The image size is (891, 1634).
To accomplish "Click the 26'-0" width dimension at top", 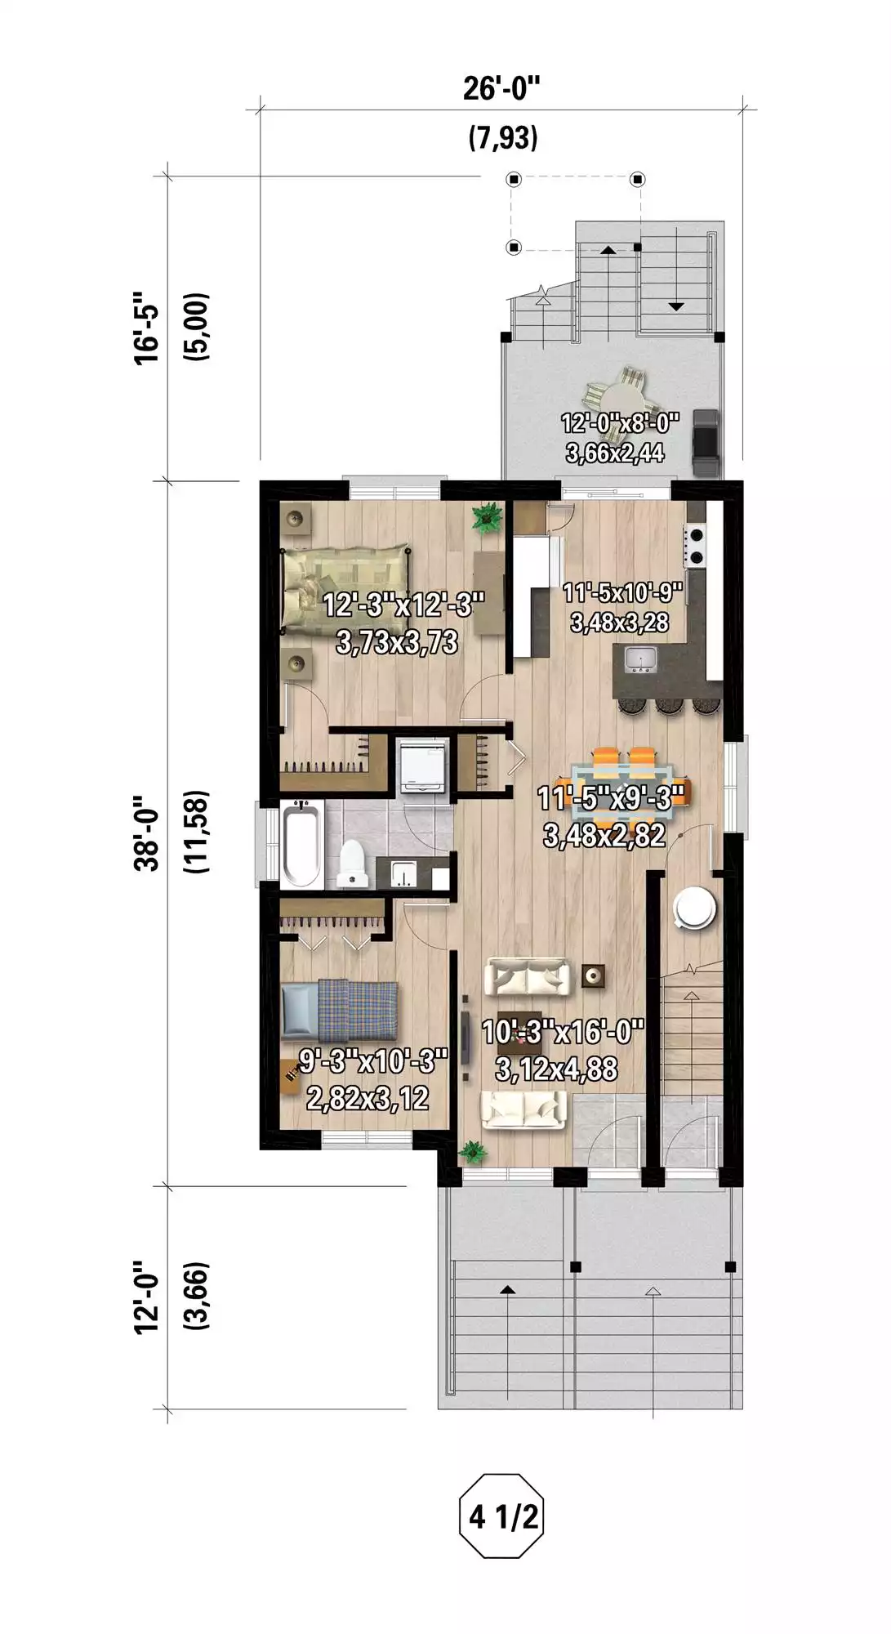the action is (x=501, y=87).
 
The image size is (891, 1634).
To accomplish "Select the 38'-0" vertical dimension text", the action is (x=149, y=833).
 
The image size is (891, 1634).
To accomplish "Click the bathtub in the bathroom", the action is (x=301, y=844).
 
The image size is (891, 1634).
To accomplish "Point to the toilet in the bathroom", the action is (x=353, y=863).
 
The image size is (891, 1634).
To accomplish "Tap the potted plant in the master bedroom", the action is (x=488, y=518).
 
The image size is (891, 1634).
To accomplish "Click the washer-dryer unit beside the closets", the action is (x=423, y=766).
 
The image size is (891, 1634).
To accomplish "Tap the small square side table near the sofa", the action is (x=594, y=975).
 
